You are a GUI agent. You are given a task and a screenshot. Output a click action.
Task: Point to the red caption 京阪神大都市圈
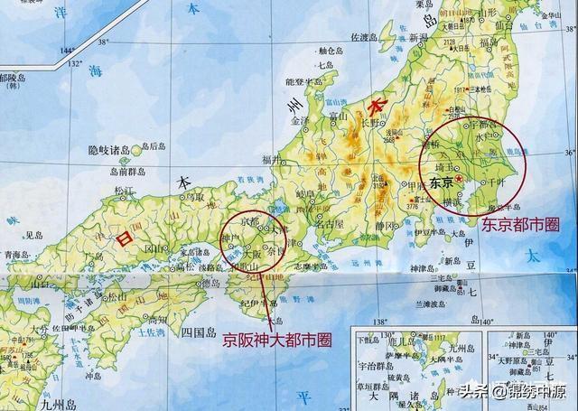(x=277, y=340)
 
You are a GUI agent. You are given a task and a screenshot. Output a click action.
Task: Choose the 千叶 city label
(x=492, y=182)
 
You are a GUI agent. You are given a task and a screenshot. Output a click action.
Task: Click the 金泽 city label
(x=300, y=120)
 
